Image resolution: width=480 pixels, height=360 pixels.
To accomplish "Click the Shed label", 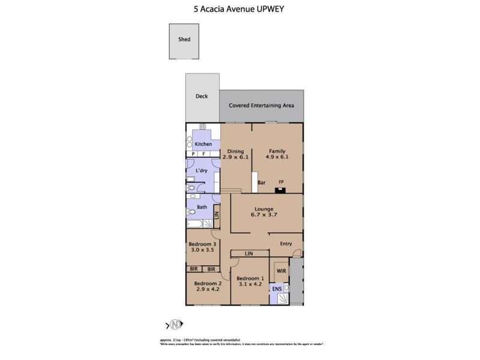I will (x=184, y=40).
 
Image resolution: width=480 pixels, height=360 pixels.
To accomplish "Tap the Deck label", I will (x=202, y=96).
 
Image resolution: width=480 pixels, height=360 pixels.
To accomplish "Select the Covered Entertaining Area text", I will (x=261, y=105).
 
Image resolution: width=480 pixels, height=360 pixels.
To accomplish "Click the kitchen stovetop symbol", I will (x=203, y=127).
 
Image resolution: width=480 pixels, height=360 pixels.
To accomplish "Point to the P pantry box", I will (x=193, y=154).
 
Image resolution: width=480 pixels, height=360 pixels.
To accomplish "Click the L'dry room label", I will (x=202, y=171).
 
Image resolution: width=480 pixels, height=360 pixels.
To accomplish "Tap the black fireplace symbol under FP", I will (x=280, y=191).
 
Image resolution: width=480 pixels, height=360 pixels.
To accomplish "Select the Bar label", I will (x=262, y=182).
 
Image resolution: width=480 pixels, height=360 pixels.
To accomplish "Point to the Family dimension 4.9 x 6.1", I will (x=277, y=157).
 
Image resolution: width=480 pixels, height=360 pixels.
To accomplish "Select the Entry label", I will (x=286, y=244).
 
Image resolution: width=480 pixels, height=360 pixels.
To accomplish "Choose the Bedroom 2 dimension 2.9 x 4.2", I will (x=208, y=289).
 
